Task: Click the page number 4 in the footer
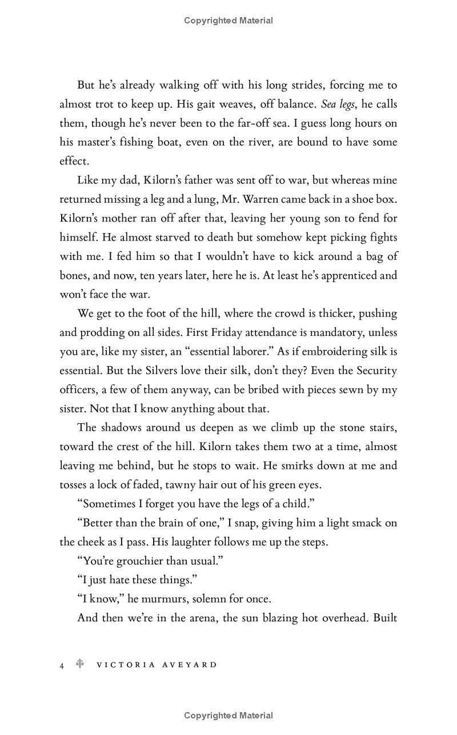[x=62, y=665]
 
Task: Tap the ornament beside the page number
[x=81, y=664]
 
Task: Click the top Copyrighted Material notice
[x=228, y=21]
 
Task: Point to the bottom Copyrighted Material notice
[x=228, y=716]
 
